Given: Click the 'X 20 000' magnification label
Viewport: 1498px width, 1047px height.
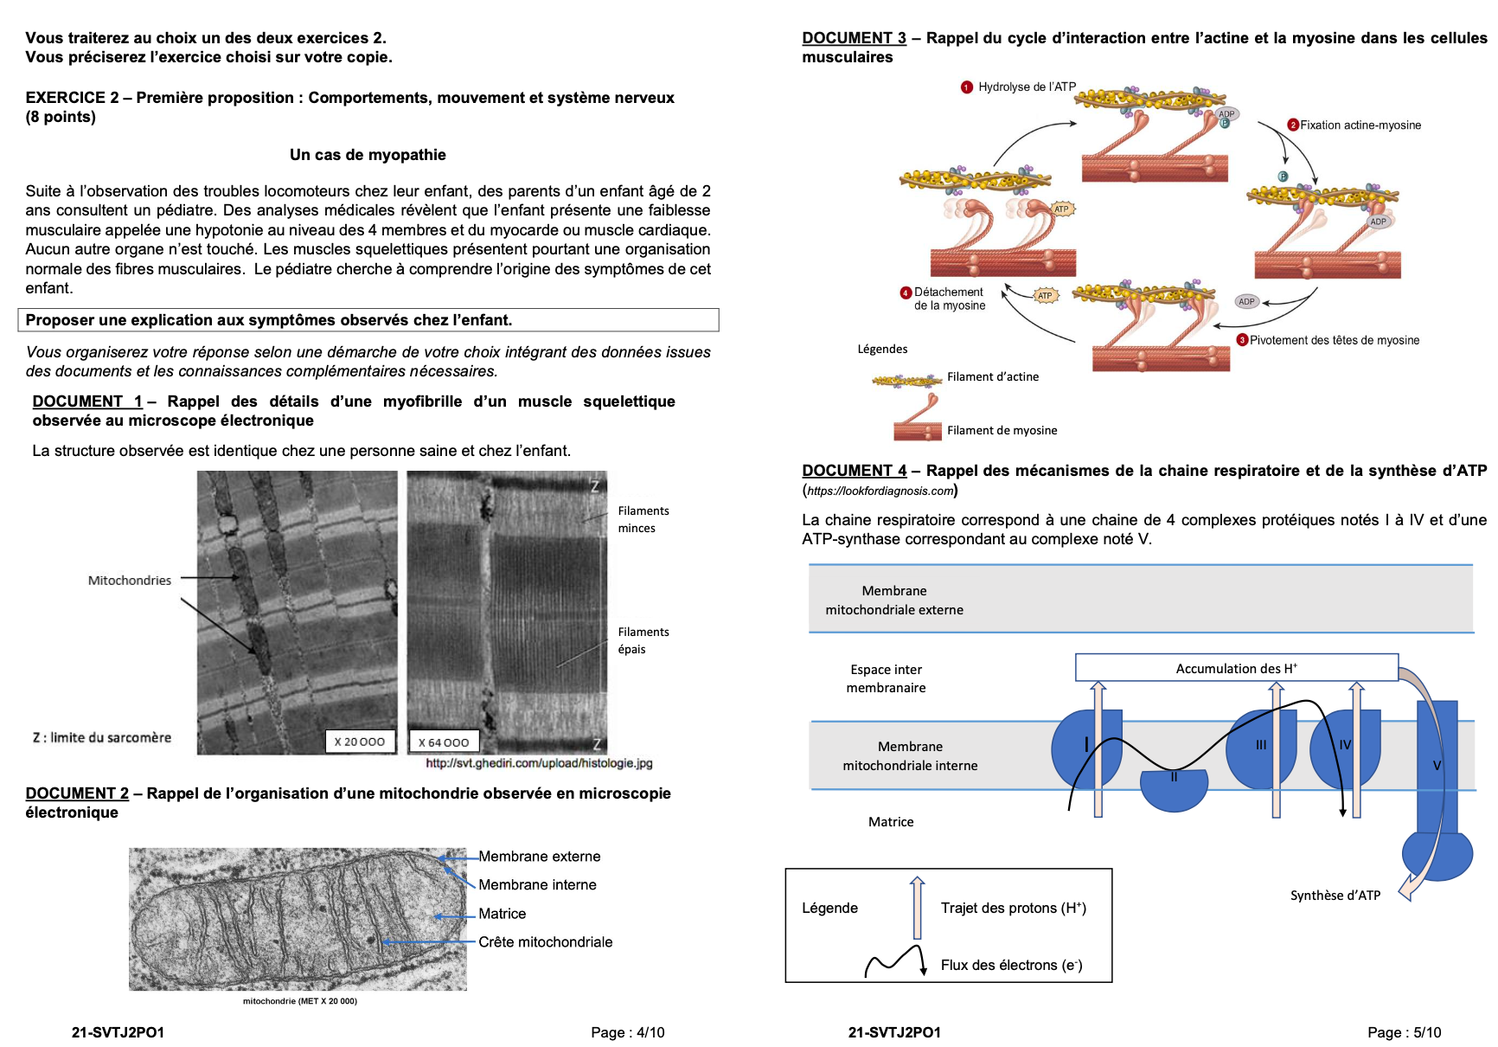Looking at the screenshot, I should tap(360, 742).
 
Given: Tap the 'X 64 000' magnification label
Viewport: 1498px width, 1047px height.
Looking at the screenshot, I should tap(444, 742).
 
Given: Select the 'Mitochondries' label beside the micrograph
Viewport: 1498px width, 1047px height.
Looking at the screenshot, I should tap(130, 581).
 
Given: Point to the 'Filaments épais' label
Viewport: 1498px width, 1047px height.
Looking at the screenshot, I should tap(643, 640).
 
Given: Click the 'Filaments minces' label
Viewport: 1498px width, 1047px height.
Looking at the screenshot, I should tap(643, 519).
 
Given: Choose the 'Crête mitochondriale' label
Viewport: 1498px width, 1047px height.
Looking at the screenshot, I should tap(545, 942).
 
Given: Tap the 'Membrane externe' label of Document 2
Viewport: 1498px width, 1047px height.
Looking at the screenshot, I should tap(539, 857).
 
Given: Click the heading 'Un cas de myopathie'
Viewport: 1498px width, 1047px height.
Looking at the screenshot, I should tap(368, 155).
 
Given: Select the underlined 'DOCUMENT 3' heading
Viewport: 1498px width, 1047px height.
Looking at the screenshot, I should tap(854, 38).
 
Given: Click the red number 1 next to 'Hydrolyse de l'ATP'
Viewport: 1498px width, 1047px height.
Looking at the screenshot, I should tap(967, 87).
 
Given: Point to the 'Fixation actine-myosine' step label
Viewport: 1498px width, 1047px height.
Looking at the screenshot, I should tap(1360, 125).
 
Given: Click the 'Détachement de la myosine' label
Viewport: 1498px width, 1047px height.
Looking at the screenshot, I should tap(949, 299).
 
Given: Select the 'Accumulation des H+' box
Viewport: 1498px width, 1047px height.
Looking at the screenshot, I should tap(1236, 668).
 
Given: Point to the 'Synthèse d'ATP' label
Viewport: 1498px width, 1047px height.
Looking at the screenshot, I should tap(1335, 896).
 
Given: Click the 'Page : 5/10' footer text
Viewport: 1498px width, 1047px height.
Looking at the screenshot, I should tap(1404, 1032).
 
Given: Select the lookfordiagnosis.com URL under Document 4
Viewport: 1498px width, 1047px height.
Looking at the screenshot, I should tap(880, 491).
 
